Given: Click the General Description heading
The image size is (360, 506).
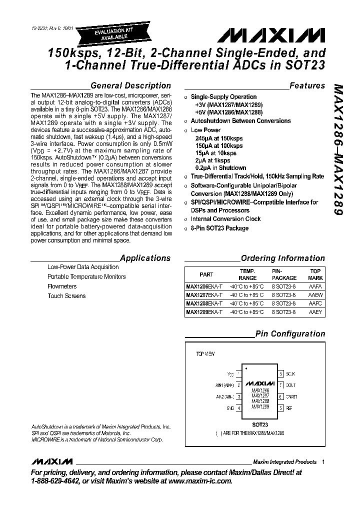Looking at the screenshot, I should [130, 85].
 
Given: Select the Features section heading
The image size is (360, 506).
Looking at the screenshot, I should [307, 85].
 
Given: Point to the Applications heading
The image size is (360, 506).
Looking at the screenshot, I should [145, 258].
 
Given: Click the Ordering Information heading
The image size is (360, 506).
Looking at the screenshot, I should [282, 258].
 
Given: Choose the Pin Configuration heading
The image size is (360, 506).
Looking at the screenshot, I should [290, 333].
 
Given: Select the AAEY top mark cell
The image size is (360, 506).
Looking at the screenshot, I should [315, 312].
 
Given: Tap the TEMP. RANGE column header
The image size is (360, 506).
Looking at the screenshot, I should [247, 274].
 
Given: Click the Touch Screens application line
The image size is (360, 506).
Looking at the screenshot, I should [66, 296].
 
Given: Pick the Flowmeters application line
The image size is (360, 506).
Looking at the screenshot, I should [62, 286].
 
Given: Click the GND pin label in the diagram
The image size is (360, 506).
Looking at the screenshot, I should [230, 408].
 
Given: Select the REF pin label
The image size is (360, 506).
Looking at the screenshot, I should [289, 408].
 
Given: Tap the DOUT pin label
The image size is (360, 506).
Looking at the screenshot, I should [291, 385].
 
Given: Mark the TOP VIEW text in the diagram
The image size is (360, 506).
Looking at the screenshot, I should [205, 353].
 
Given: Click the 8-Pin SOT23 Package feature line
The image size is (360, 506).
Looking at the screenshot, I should [219, 228].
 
